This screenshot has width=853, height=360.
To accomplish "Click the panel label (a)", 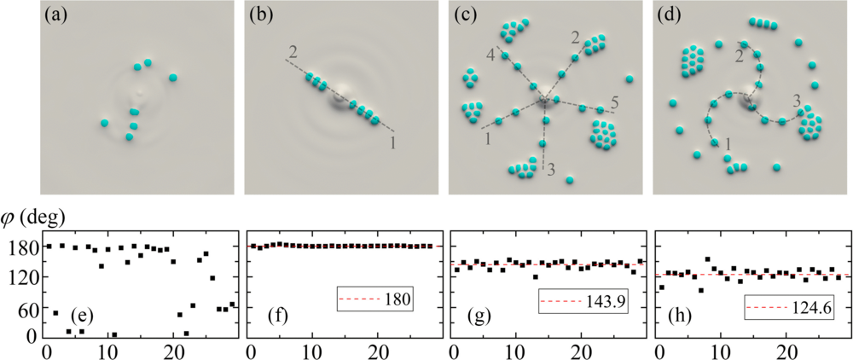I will (x=55, y=15).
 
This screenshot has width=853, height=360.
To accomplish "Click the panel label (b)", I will (x=259, y=15).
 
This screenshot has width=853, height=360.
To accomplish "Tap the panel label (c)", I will (x=463, y=15).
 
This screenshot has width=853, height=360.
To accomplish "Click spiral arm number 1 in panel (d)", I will (x=728, y=146).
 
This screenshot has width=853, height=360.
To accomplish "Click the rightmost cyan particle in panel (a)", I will (x=173, y=78).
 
